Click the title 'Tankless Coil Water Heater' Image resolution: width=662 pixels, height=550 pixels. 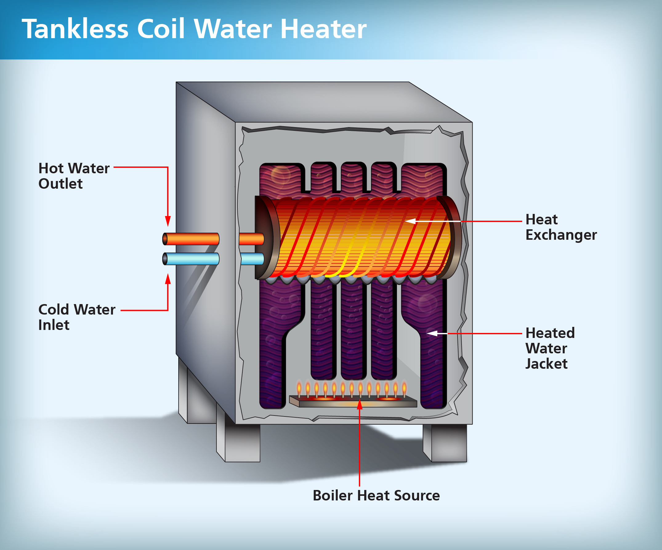coord(194,29)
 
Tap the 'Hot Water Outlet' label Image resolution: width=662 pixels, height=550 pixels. coord(74,176)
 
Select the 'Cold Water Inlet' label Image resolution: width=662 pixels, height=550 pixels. coord(77,317)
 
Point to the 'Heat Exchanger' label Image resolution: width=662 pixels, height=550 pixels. coord(561,227)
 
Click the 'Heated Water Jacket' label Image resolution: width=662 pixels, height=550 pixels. coord(550,348)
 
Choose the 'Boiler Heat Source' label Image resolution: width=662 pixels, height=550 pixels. coord(376,496)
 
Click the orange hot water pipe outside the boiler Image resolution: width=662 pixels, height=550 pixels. coord(191,239)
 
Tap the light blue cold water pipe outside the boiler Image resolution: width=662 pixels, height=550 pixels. coord(191,259)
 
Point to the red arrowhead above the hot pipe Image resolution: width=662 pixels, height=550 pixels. coord(168,221)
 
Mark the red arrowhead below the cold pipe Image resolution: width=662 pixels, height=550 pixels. coord(168,279)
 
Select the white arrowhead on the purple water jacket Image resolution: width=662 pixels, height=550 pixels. coord(433,333)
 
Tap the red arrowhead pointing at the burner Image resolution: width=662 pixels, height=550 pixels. coord(360,405)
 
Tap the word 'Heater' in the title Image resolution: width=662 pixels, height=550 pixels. coord(323,29)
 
